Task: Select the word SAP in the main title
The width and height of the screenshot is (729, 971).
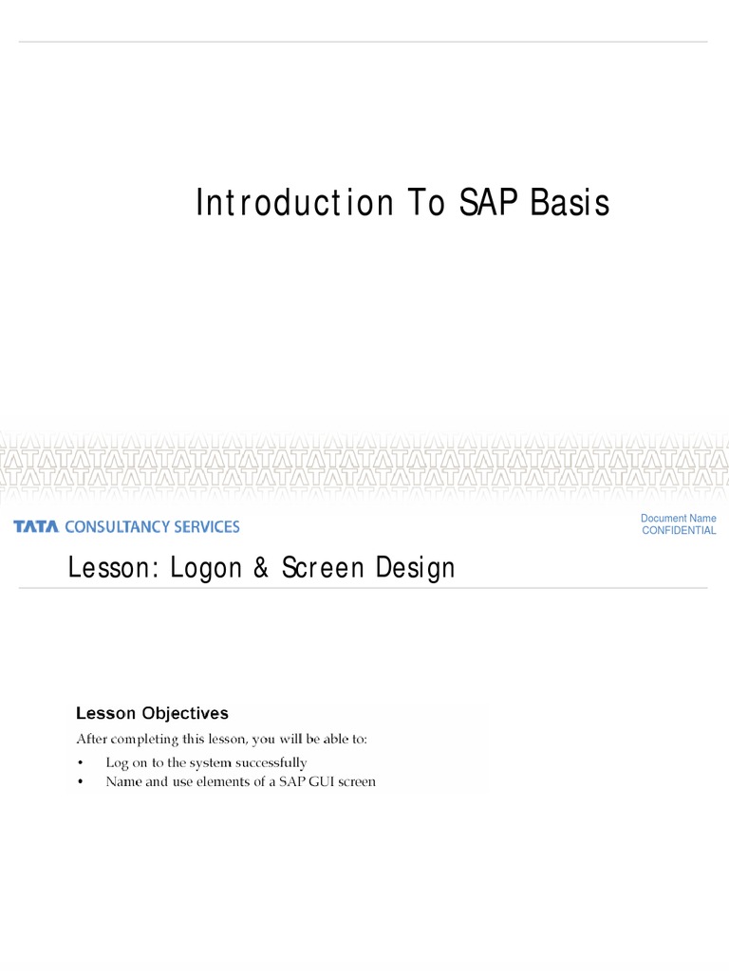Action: (x=493, y=203)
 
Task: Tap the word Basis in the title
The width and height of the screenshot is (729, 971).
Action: (x=572, y=203)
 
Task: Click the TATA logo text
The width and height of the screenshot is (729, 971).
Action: (x=36, y=526)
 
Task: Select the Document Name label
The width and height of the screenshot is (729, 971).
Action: (x=678, y=519)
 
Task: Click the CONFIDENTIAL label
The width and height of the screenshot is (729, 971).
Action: (x=679, y=531)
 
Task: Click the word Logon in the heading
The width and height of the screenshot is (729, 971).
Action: (x=202, y=568)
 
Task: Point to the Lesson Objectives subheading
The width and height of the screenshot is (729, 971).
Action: (x=152, y=712)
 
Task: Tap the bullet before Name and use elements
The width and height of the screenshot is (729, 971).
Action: (x=81, y=782)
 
